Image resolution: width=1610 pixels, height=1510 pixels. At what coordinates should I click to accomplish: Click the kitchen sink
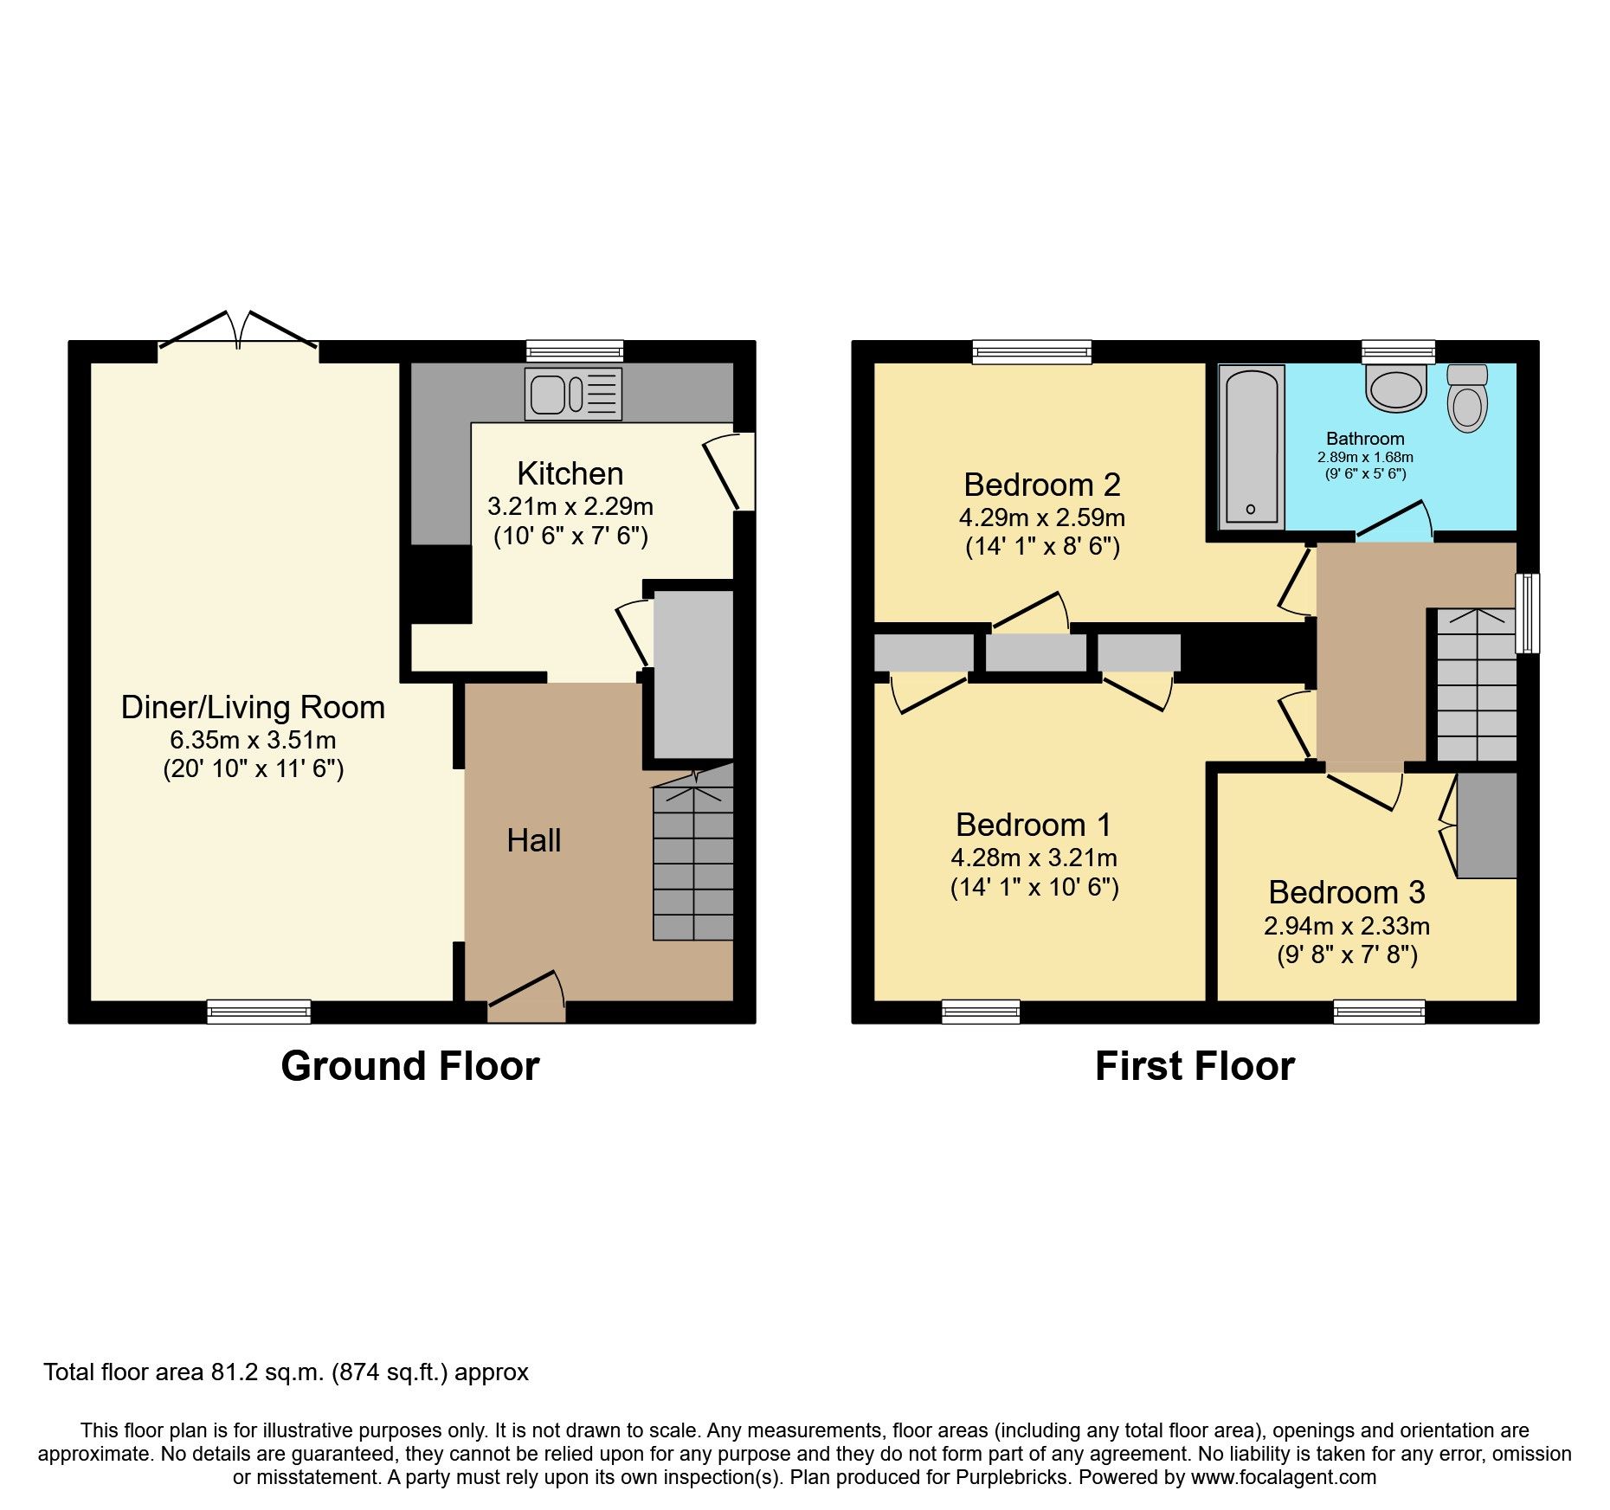pyautogui.click(x=572, y=395)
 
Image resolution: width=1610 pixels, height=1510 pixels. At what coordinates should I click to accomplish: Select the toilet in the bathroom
pyautogui.click(x=1467, y=400)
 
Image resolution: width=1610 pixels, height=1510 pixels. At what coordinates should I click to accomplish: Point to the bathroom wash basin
pyautogui.click(x=1395, y=389)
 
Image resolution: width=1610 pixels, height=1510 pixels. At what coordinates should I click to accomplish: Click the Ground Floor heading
pyautogui.click(x=409, y=1066)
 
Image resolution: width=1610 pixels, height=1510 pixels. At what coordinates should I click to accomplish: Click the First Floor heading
pyautogui.click(x=1195, y=1066)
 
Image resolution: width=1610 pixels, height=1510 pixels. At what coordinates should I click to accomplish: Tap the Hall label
pyautogui.click(x=533, y=840)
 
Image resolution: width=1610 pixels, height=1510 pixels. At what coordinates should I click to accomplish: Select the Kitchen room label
pyautogui.click(x=570, y=473)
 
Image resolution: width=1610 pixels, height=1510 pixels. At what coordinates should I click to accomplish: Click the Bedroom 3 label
pyautogui.click(x=1346, y=892)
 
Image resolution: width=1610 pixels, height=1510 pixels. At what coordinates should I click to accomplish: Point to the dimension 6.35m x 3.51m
pyautogui.click(x=253, y=740)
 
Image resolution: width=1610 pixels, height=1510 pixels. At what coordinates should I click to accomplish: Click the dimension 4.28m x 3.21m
pyautogui.click(x=1034, y=858)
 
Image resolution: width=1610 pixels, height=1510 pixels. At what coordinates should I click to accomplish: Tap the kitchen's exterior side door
pyautogui.click(x=732, y=472)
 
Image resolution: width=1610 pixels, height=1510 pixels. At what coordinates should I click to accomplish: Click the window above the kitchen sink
pyautogui.click(x=575, y=350)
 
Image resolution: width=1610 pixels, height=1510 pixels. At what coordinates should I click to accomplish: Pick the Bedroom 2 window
pyautogui.click(x=1031, y=350)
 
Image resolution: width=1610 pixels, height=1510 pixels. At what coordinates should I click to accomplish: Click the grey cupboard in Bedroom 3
pyautogui.click(x=1486, y=826)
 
